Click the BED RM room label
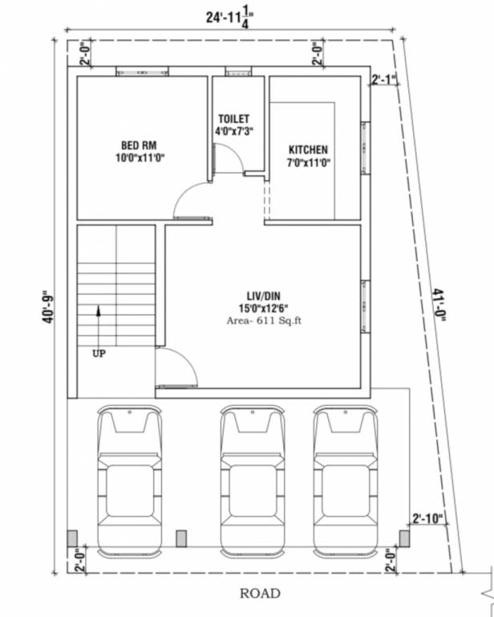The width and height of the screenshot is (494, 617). point(139,145)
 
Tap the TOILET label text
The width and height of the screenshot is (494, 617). point(233,119)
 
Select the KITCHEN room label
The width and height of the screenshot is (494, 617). point(308,150)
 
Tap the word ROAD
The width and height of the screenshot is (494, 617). point(260,594)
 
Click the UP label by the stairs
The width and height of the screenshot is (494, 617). point(99,353)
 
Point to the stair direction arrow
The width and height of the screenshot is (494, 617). point(99,321)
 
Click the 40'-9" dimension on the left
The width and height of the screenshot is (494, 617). point(48,306)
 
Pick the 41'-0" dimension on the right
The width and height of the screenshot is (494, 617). point(438,305)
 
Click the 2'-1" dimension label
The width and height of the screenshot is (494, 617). point(384,79)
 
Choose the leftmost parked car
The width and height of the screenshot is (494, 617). point(129,480)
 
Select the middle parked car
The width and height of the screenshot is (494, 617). point(253,480)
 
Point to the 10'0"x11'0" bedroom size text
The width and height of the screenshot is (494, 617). point(139,158)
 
